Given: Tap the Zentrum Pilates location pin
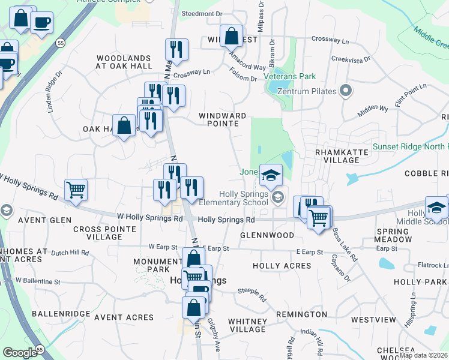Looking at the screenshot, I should (345, 91).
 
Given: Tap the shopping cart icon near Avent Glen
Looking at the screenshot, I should (76, 190).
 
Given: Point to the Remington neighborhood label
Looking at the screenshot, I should (301, 314).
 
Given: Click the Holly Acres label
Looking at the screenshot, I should (281, 266).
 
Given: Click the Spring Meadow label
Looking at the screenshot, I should (393, 235).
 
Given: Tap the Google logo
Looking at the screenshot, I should (20, 353).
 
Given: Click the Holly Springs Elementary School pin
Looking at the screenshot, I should (278, 197).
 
